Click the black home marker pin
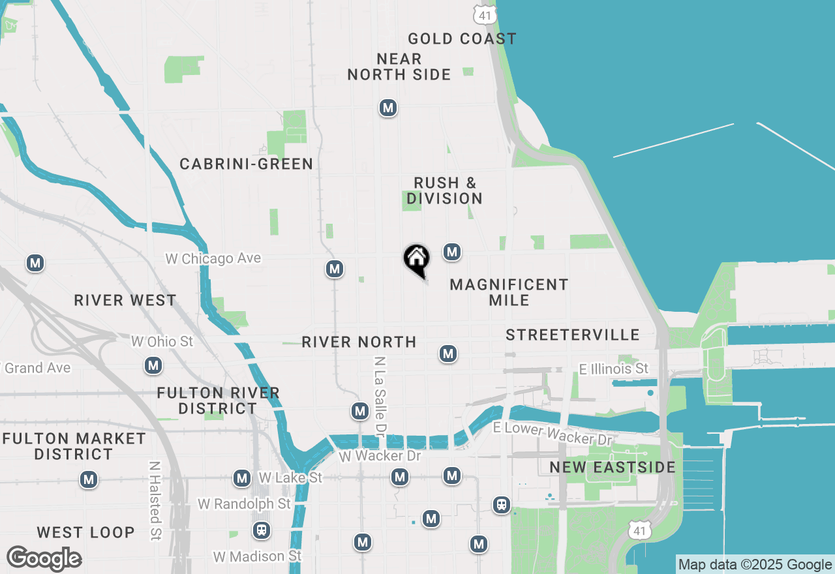(416, 260)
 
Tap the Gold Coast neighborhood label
(462, 39)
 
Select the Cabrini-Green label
(247, 164)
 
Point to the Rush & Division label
(445, 191)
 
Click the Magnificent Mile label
(509, 292)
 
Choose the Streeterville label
(573, 335)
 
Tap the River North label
(359, 342)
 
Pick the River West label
(125, 301)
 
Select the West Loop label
(85, 533)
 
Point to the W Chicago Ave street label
(213, 259)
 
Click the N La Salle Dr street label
(379, 396)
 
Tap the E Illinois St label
(614, 369)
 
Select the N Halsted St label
(155, 501)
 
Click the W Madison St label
(258, 556)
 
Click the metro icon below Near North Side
(388, 108)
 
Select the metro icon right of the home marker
(452, 252)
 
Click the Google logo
(44, 558)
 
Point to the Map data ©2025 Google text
(755, 565)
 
